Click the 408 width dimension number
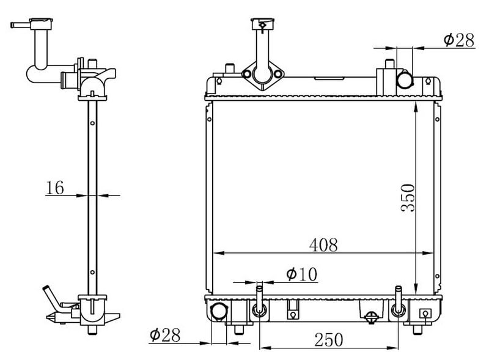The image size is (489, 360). point(323,244)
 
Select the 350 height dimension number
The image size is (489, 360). point(408,198)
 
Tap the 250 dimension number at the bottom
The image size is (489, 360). point(329,339)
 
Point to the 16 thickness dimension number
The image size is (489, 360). point(55,188)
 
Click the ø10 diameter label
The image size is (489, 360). point(301,274)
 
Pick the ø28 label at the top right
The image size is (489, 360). point(459,40)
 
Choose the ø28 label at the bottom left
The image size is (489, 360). point(165,335)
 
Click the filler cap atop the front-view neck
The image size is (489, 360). point(263,24)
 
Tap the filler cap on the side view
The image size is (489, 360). point(41,24)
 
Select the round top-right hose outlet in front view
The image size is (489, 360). point(405,80)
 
